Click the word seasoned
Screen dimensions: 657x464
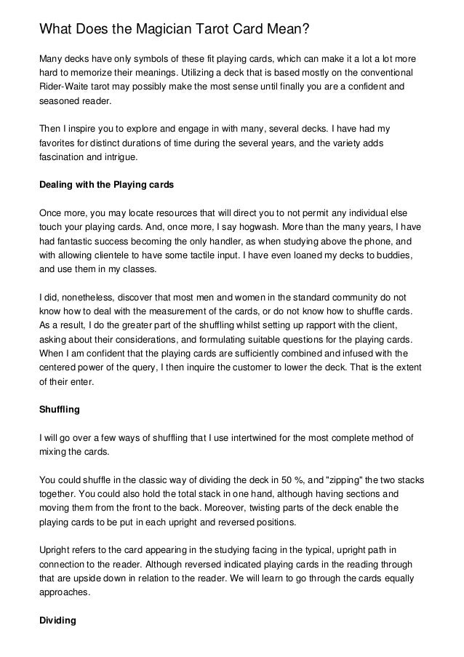(x=58, y=104)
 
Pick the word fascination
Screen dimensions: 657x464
(x=64, y=156)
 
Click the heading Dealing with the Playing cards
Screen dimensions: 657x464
(x=106, y=185)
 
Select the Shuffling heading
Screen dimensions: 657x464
(x=59, y=409)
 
